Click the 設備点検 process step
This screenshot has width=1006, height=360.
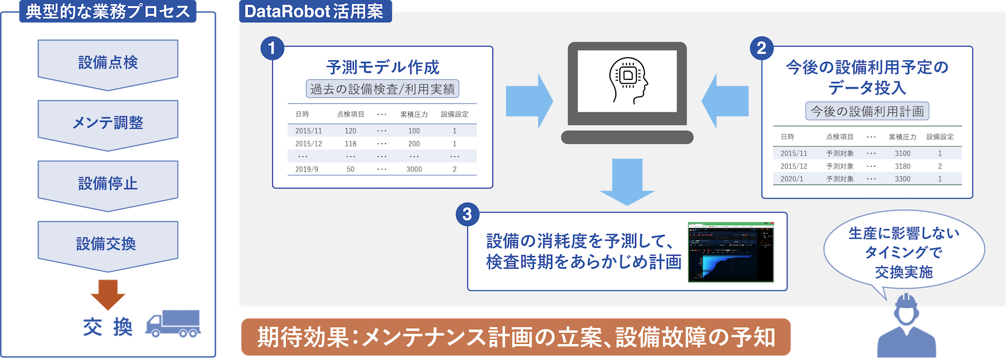pyautogui.click(x=108, y=62)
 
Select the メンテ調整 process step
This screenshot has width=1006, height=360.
pyautogui.click(x=108, y=122)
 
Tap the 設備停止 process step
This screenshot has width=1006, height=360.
pyautogui.click(x=108, y=183)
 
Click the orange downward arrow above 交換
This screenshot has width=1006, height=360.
pyautogui.click(x=108, y=293)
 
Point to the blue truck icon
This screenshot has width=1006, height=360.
pyautogui.click(x=173, y=324)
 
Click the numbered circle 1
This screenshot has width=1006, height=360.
pyautogui.click(x=272, y=48)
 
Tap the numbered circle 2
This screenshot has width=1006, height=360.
pyautogui.click(x=761, y=48)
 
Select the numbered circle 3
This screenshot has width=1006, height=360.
pyautogui.click(x=467, y=214)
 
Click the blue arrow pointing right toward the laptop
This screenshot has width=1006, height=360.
pyautogui.click(x=529, y=101)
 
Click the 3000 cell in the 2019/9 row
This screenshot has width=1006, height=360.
pyautogui.click(x=414, y=169)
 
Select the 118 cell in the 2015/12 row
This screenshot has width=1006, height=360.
pyautogui.click(x=350, y=144)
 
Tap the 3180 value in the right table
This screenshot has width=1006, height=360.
pyautogui.click(x=903, y=166)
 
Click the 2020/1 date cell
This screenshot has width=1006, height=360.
pyautogui.click(x=791, y=179)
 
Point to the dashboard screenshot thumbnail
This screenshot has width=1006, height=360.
pyautogui.click(x=731, y=252)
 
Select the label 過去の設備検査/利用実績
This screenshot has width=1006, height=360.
pyautogui.click(x=382, y=89)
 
